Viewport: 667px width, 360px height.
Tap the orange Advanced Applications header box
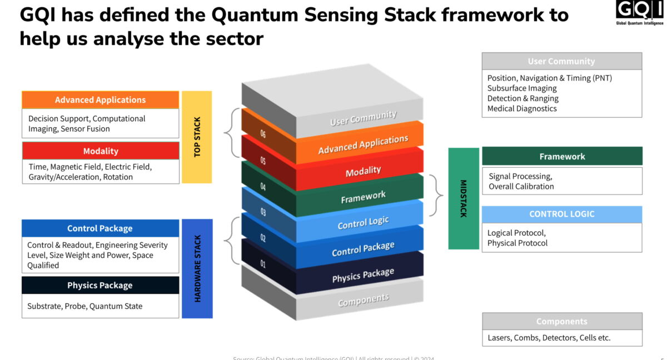101,100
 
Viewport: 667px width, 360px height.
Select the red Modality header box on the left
101,151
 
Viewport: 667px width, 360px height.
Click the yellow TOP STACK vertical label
197,137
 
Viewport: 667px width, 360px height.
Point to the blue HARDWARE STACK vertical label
197,268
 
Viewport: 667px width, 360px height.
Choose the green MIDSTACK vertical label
464,198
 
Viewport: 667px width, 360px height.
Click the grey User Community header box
561,62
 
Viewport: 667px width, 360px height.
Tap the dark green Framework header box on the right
562,157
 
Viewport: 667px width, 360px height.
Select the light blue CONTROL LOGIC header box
562,214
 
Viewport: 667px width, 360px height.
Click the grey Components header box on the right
562,322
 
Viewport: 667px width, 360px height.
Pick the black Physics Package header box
100,286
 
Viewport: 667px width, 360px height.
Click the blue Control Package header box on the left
100,228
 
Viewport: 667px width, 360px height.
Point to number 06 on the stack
263,134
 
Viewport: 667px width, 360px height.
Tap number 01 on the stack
263,264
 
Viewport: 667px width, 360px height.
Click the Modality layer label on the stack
363,171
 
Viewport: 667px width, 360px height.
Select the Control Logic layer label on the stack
363,223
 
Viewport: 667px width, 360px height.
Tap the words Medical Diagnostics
522,108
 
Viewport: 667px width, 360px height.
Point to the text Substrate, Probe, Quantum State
85,306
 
